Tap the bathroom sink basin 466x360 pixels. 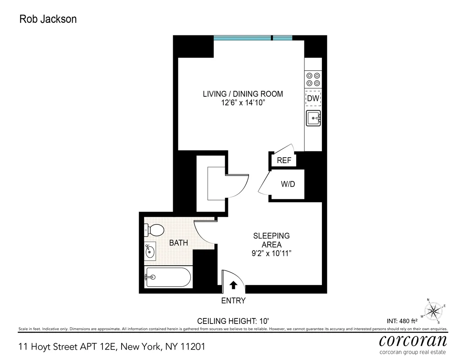[150, 252]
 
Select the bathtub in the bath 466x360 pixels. [168, 277]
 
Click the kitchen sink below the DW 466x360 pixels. [313, 118]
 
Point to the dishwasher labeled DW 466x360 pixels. [313, 99]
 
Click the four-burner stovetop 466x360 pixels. [313, 80]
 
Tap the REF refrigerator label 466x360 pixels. [284, 160]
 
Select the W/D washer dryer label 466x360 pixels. [288, 184]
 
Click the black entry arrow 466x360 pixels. [233, 285]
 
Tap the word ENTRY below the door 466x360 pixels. [233, 301]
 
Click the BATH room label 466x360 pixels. [178, 243]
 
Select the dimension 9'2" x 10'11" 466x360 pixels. [271, 254]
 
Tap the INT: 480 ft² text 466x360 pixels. [402, 321]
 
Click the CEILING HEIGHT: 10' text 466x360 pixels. [233, 321]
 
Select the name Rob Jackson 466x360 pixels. [48, 19]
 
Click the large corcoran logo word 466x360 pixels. [412, 341]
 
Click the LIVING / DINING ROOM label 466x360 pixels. [243, 94]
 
